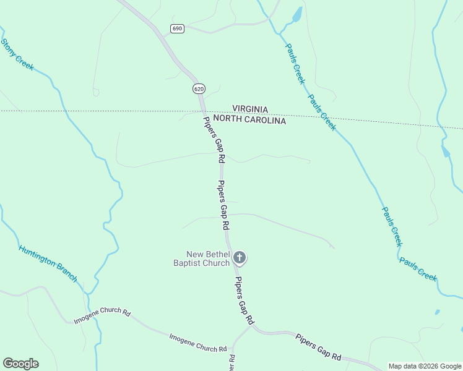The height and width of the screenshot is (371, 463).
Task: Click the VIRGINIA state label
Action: [250, 109]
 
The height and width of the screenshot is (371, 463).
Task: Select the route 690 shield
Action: [178, 28]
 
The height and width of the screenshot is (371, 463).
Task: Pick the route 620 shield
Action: [198, 88]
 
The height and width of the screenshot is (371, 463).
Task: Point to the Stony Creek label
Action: [17, 55]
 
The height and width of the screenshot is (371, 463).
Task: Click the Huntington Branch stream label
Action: [48, 263]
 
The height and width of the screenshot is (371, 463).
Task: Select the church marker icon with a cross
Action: [240, 258]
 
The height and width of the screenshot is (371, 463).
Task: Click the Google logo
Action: [20, 363]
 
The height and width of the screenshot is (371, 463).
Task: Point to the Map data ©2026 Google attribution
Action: [425, 366]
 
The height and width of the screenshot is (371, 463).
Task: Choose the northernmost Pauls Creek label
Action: [295, 63]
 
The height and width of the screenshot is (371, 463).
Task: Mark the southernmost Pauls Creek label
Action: [418, 270]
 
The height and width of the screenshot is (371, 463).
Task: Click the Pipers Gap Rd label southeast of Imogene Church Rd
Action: [318, 347]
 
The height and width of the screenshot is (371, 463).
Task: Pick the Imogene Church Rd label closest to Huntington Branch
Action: [102, 317]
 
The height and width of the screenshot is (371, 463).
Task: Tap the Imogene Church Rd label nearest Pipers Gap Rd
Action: [198, 342]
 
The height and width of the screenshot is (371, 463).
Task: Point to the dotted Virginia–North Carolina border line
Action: [93, 111]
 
